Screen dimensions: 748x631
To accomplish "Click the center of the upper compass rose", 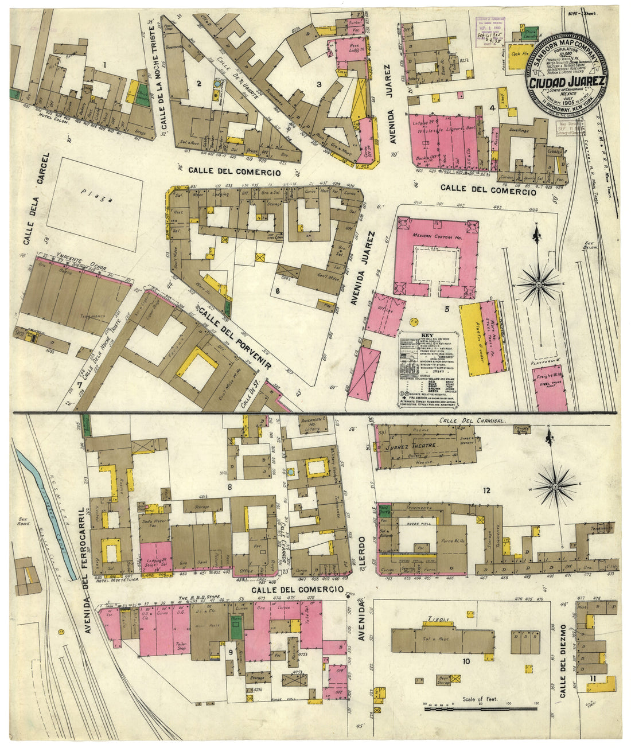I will [x=539, y=283].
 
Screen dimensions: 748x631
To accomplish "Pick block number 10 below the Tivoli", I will [x=466, y=661].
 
